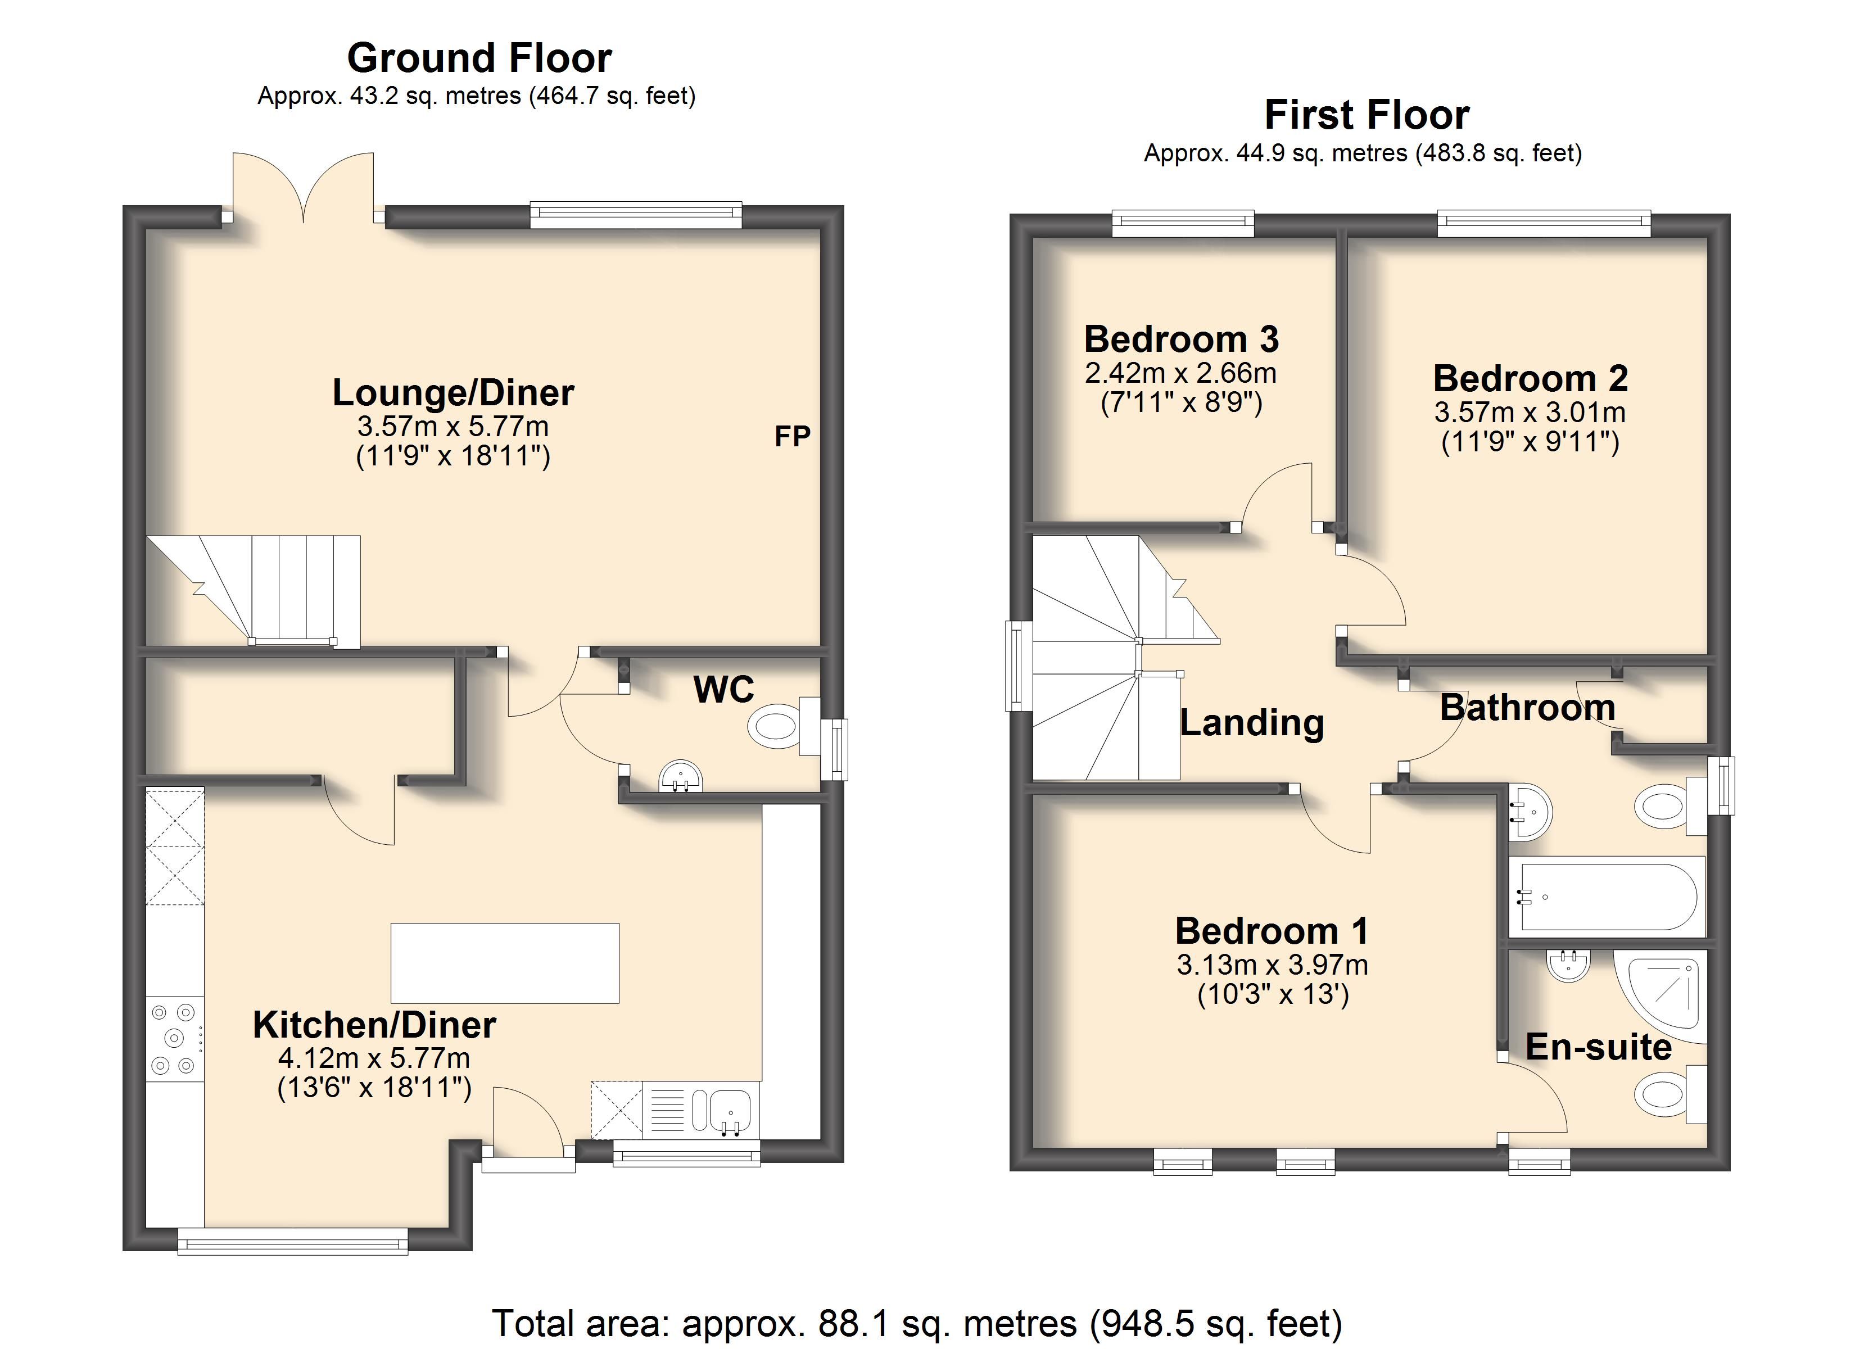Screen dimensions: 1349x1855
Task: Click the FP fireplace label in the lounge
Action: [791, 437]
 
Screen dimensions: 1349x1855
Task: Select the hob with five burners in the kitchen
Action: [174, 1038]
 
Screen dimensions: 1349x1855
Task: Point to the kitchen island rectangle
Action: [505, 963]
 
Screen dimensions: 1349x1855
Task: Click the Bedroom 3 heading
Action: [1180, 339]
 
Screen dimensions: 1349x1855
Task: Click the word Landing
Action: [1251, 722]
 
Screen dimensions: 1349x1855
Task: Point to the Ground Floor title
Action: [479, 58]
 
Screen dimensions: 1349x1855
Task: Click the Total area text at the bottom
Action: [916, 1322]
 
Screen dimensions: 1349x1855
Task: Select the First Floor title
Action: [1367, 115]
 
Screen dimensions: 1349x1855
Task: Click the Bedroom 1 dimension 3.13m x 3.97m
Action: [1272, 965]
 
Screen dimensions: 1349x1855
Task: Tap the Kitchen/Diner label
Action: [374, 1025]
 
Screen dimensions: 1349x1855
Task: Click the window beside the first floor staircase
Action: [1014, 665]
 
